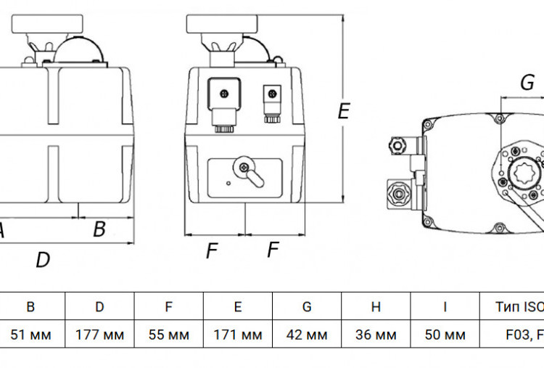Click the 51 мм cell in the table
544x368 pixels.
(x=30, y=335)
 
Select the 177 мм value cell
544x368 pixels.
(x=99, y=335)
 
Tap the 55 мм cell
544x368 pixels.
(x=168, y=335)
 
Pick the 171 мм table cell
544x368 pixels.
(x=238, y=335)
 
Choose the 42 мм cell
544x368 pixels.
(x=307, y=335)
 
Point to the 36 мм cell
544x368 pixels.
(x=376, y=335)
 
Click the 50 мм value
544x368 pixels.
(x=445, y=335)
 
